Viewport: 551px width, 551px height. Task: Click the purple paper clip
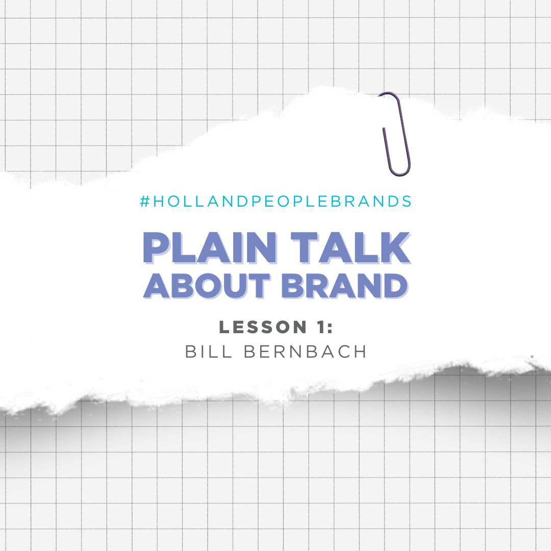[x=408, y=155]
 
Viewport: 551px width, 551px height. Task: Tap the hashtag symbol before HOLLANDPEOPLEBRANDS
[x=145, y=202]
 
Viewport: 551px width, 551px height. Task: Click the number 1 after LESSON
[x=320, y=327]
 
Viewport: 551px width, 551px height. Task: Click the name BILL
[x=208, y=352]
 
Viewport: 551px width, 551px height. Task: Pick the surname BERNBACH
[x=305, y=352]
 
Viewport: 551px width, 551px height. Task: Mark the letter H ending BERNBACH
[x=361, y=352]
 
